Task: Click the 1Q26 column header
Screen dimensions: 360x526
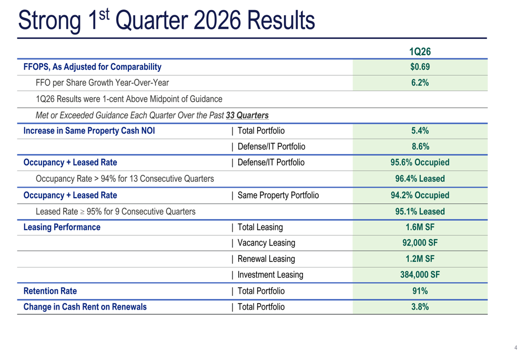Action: coord(420,52)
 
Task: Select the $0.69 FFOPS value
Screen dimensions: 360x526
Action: coord(420,67)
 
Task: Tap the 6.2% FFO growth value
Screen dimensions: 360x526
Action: coord(420,83)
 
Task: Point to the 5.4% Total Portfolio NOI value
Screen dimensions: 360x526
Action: coord(420,131)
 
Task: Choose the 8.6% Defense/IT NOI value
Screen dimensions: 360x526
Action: coord(420,147)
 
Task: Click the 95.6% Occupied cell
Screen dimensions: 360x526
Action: coord(420,162)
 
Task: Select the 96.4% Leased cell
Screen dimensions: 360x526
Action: coord(420,179)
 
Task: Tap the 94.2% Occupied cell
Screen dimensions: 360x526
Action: coord(420,196)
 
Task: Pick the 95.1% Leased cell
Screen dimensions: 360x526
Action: coord(420,211)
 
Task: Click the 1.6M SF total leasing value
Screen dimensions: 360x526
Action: coord(420,227)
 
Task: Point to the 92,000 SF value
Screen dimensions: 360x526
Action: coord(420,243)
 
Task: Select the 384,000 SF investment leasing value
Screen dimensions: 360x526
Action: coord(420,274)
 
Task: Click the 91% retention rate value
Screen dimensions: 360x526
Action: coord(420,291)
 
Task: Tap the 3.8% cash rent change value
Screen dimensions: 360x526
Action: coord(420,307)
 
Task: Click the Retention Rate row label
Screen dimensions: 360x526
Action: coord(50,291)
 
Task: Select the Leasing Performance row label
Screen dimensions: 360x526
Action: coord(62,227)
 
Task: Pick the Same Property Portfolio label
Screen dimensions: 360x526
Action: coord(278,196)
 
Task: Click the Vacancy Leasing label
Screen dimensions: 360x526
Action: coord(266,243)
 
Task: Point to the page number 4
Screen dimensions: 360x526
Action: coord(515,348)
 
